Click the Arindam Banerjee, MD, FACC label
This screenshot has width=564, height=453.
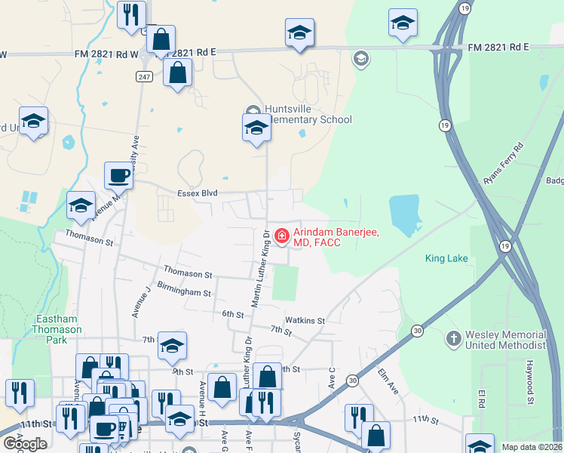(x=328, y=237)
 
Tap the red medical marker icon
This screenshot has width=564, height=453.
(x=282, y=236)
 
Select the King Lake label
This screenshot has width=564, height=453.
(x=446, y=258)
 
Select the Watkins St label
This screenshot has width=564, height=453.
(x=305, y=320)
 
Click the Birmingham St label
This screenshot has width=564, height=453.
(x=185, y=291)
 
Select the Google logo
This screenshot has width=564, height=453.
(x=25, y=443)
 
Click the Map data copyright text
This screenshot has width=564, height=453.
(x=532, y=447)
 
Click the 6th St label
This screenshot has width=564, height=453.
(x=232, y=313)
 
